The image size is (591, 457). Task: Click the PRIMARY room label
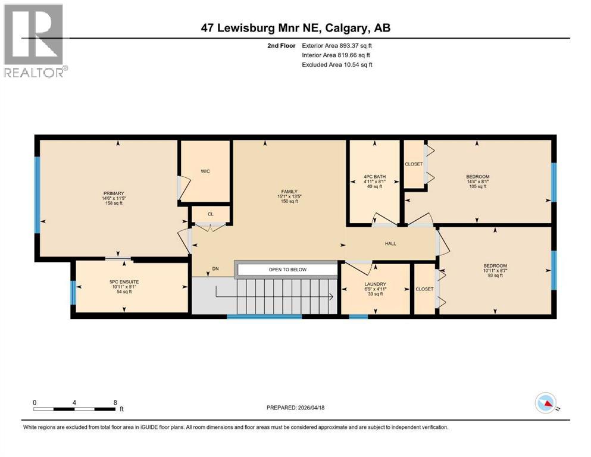[x=113, y=193]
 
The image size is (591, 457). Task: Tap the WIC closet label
[x=205, y=171]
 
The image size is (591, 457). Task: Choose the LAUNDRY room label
[x=376, y=284]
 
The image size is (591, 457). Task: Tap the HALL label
[x=390, y=243]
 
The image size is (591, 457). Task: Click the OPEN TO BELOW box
[x=287, y=270]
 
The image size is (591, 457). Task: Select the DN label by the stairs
[x=215, y=269]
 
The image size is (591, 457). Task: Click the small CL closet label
[x=211, y=214]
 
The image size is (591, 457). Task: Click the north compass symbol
[x=546, y=403]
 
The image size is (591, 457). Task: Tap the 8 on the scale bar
[x=114, y=402]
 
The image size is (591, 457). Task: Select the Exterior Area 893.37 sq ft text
[x=337, y=45]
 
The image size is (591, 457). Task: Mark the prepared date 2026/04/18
[x=296, y=408]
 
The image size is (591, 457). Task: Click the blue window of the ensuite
[x=73, y=292]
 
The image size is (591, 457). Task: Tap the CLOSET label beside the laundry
[x=424, y=289]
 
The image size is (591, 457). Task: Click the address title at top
[x=296, y=28]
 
